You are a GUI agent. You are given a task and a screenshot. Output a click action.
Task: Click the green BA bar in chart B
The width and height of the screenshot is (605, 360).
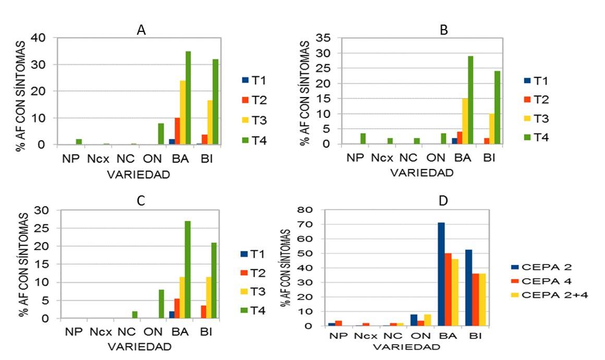(470, 100)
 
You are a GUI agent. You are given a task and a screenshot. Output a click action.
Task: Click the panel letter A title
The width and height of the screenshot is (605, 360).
(141, 30)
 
